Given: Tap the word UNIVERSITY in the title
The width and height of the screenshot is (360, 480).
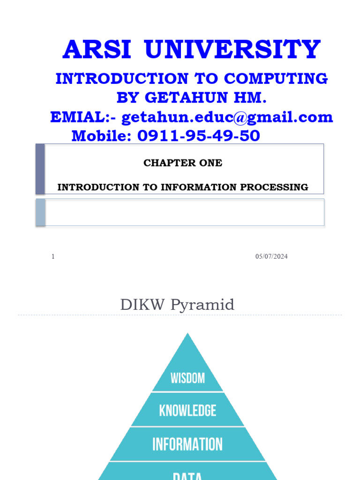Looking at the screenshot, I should [233, 50].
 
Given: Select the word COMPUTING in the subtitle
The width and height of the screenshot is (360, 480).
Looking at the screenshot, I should [275, 79].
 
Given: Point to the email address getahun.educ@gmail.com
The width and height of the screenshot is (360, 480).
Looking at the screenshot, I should [227, 117].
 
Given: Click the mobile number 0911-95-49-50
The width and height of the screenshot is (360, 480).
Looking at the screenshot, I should [198, 136].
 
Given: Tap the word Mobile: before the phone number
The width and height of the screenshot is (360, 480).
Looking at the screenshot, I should [102, 136].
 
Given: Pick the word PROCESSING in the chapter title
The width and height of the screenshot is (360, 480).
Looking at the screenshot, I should [274, 187].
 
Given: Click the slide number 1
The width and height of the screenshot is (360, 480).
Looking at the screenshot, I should [53, 256].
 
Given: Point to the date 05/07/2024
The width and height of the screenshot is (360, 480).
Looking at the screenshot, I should [271, 256].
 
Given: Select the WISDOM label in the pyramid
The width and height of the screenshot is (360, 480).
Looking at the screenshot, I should [187, 378].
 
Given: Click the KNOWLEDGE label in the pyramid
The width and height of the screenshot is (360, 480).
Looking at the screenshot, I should [187, 411].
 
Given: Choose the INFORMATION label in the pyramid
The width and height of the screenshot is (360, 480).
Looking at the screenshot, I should [187, 444].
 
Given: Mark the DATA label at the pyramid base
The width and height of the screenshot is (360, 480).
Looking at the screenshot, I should [187, 476].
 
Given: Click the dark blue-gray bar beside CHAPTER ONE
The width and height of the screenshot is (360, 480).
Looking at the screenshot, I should [40, 169].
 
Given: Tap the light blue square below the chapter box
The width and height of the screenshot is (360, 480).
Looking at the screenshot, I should [40, 212].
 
